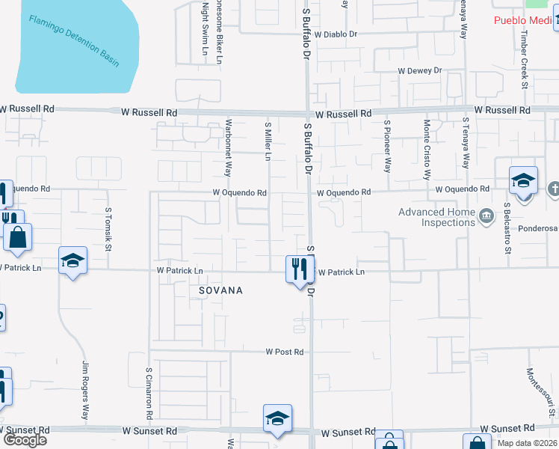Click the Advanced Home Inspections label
[437, 217]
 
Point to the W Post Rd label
[285, 352]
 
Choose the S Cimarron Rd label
[149, 392]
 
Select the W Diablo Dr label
[336, 34]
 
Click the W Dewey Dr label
[420, 71]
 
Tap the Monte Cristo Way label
[427, 150]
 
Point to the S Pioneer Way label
[387, 146]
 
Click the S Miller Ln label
[268, 141]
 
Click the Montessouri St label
[552, 393]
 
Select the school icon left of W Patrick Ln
[72, 261]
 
